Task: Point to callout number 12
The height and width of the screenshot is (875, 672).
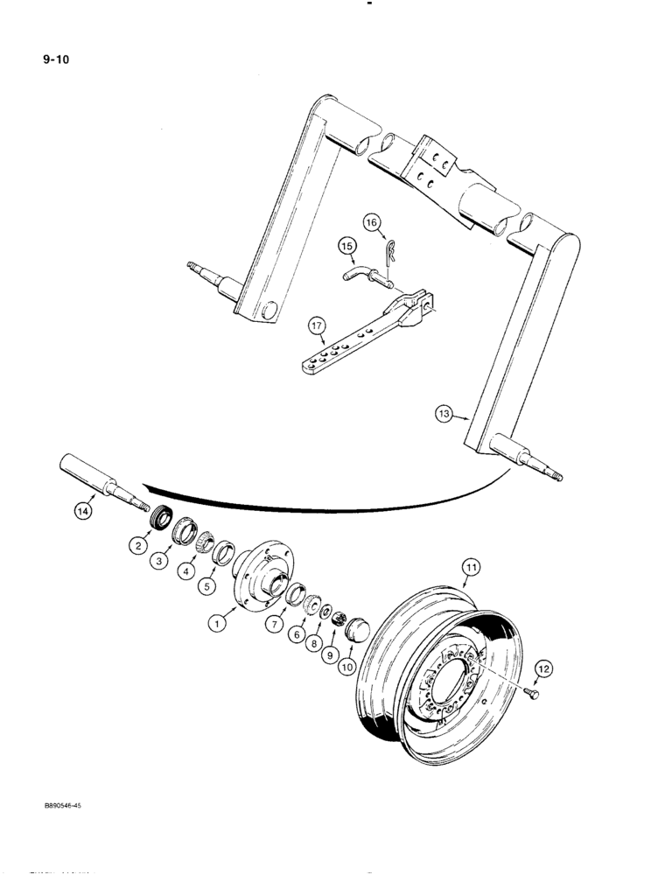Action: [x=542, y=669]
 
